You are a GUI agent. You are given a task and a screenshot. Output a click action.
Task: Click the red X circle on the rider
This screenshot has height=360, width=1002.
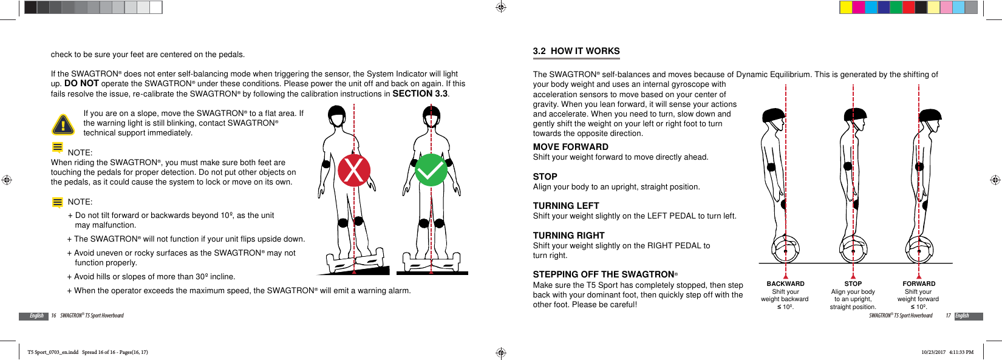(354, 170)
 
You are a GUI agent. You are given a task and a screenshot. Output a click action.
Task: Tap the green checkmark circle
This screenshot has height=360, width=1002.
(431, 170)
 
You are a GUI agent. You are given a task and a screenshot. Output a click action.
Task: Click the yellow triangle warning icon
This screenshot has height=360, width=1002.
(63, 124)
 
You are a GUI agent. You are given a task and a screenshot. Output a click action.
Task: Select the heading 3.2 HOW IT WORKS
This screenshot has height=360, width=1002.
(576, 52)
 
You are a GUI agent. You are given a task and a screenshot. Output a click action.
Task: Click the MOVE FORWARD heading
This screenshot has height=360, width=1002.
(570, 147)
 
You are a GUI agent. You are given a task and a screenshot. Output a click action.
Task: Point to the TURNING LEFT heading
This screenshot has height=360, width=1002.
(565, 206)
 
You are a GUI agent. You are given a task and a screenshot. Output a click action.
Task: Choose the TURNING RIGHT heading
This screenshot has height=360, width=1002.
(568, 236)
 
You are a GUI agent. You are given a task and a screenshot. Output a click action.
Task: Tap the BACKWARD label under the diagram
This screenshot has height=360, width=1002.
(785, 284)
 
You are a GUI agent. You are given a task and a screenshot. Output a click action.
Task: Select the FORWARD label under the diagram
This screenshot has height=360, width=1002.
(919, 284)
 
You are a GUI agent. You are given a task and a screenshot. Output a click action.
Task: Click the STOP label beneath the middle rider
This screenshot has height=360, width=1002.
(853, 284)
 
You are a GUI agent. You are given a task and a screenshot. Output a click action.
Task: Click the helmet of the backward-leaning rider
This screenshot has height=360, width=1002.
(773, 115)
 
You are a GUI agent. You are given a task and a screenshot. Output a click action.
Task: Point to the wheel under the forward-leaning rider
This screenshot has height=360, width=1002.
(919, 250)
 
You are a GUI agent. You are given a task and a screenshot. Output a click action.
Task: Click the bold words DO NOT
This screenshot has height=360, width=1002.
(81, 84)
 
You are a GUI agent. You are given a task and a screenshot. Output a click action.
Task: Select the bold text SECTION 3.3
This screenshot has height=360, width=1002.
(420, 94)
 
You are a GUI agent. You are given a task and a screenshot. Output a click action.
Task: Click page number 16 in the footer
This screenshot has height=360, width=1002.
(53, 316)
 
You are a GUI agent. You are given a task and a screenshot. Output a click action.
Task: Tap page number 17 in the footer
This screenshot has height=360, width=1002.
(948, 316)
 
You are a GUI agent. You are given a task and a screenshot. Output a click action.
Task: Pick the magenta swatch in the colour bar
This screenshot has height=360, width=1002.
(858, 7)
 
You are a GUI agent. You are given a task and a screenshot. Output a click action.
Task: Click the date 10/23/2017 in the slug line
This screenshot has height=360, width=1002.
(933, 352)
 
